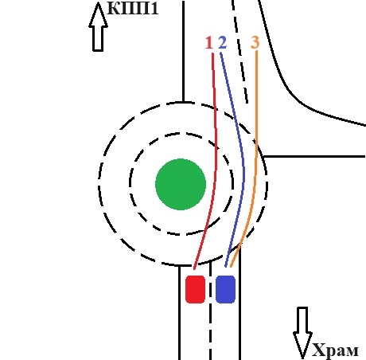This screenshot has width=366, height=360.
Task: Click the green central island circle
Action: [x=181, y=184]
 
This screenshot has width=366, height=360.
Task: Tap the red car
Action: [x=195, y=289]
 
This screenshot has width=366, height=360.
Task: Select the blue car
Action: [x=225, y=289]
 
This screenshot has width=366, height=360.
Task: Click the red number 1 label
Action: [x=209, y=43]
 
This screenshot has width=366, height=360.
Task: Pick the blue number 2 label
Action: [x=223, y=43]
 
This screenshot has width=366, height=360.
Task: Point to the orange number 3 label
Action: [x=255, y=42]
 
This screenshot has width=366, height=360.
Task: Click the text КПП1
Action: [x=133, y=8]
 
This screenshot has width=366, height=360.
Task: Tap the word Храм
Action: [x=335, y=350]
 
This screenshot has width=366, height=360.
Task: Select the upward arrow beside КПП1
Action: [x=98, y=26]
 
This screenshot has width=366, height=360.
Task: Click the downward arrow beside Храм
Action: [x=302, y=333]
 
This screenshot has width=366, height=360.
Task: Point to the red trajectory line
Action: [x=216, y=159]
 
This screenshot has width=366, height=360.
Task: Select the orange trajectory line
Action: [x=256, y=159]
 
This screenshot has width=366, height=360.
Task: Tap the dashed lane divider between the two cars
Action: [x=210, y=311]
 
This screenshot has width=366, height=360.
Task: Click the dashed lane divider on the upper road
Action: [x=240, y=52]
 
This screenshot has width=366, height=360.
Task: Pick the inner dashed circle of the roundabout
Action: [x=232, y=183]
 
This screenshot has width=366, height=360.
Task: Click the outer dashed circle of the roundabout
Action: [x=267, y=183]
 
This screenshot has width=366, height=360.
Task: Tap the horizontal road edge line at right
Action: [x=315, y=157]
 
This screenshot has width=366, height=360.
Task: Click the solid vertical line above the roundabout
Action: [x=183, y=51]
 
